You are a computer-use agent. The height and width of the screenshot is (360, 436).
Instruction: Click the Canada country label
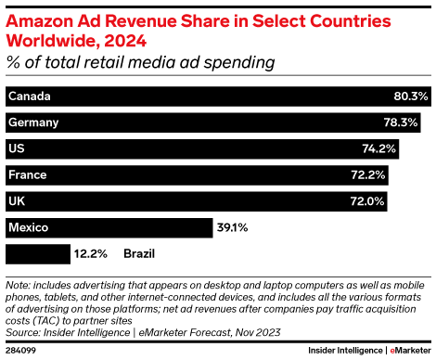coord(28,96)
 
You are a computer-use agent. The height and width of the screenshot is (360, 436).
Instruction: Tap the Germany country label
coord(32,122)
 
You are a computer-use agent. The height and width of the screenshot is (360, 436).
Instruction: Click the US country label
coord(16,148)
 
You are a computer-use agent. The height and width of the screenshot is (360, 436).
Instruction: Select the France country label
coord(27,174)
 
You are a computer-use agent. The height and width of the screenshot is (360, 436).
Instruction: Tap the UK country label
coord(16,200)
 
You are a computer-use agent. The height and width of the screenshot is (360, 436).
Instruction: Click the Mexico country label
coord(28,226)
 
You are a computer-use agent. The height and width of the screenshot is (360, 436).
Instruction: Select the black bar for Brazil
coord(37,252)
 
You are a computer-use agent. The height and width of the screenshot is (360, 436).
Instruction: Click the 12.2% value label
coord(92,252)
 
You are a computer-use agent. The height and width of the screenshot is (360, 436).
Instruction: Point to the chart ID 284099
coord(20,351)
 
